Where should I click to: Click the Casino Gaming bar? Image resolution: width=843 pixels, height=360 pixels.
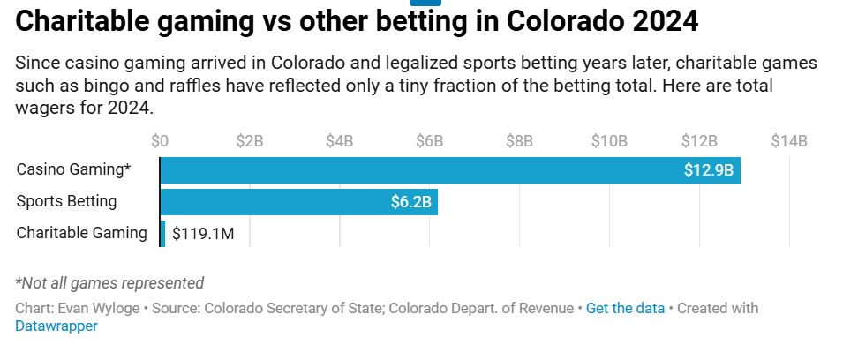[424, 170]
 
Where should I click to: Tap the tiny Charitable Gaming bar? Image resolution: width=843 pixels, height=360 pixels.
[162, 234]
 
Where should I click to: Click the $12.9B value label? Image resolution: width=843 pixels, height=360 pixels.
[709, 170]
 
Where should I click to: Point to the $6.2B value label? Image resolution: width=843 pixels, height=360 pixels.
[410, 202]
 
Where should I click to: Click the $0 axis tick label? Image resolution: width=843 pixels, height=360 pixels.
[160, 141]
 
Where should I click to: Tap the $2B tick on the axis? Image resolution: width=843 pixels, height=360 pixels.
[250, 141]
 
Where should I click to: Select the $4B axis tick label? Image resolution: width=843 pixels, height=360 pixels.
[340, 141]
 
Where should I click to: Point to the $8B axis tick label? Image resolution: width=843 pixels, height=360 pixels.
[519, 141]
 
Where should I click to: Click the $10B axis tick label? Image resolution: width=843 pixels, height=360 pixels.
[609, 141]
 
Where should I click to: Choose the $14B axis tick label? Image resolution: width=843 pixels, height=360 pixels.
[789, 141]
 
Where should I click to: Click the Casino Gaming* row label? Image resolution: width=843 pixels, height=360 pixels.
[73, 170]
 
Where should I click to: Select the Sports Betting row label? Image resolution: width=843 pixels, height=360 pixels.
[66, 201]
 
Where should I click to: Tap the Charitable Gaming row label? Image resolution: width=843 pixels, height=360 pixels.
[82, 233]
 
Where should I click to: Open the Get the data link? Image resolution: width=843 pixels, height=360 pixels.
[625, 309]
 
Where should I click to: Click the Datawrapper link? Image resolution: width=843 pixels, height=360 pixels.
[56, 326]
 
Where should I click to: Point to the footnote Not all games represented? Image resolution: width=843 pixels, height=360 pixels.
[109, 283]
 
